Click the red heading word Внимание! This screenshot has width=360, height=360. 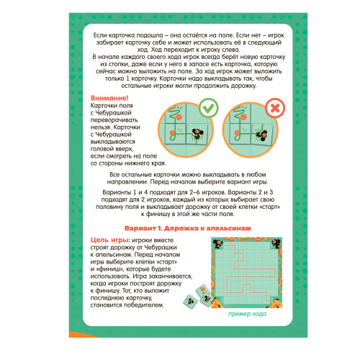[109, 98]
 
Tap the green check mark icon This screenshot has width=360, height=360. [208, 108]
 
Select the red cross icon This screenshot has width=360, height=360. [275, 108]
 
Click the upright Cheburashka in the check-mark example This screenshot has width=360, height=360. [198, 134]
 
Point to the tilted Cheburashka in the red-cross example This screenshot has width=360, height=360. [261, 134]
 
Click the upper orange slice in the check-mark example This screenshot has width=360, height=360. [179, 117]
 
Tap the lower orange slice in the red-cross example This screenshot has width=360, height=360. [237, 132]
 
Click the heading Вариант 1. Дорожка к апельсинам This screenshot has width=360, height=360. [188, 228]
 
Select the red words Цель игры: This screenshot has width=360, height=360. [110, 240]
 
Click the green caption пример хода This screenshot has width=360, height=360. [247, 314]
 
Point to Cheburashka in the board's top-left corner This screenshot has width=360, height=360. [218, 243]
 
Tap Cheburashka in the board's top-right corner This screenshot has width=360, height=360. [275, 243]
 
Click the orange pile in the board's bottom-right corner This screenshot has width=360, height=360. [275, 303]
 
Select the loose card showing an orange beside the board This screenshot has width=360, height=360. [202, 291]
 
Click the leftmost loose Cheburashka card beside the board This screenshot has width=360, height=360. [190, 301]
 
